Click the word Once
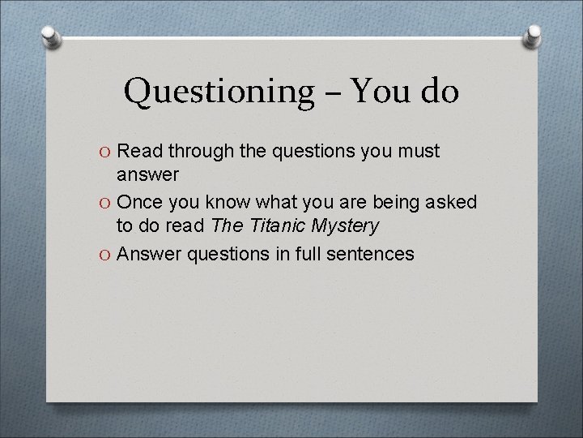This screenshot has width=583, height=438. pyautogui.click(x=143, y=200)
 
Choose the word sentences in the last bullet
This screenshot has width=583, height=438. pyautogui.click(x=370, y=255)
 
